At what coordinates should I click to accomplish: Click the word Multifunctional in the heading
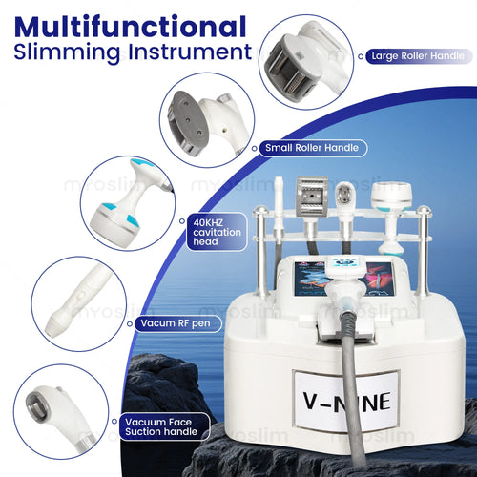[131, 27]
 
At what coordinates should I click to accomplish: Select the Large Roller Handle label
[418, 56]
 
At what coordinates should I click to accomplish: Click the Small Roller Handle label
[312, 148]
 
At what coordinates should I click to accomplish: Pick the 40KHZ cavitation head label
[217, 232]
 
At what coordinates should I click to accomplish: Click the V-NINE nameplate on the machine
[346, 402]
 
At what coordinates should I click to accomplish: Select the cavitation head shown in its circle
[127, 203]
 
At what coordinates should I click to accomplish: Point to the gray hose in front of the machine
[351, 382]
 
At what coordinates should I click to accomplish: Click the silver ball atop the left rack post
[260, 210]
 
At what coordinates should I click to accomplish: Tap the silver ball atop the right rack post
[424, 211]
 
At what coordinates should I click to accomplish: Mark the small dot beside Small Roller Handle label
[254, 149]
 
